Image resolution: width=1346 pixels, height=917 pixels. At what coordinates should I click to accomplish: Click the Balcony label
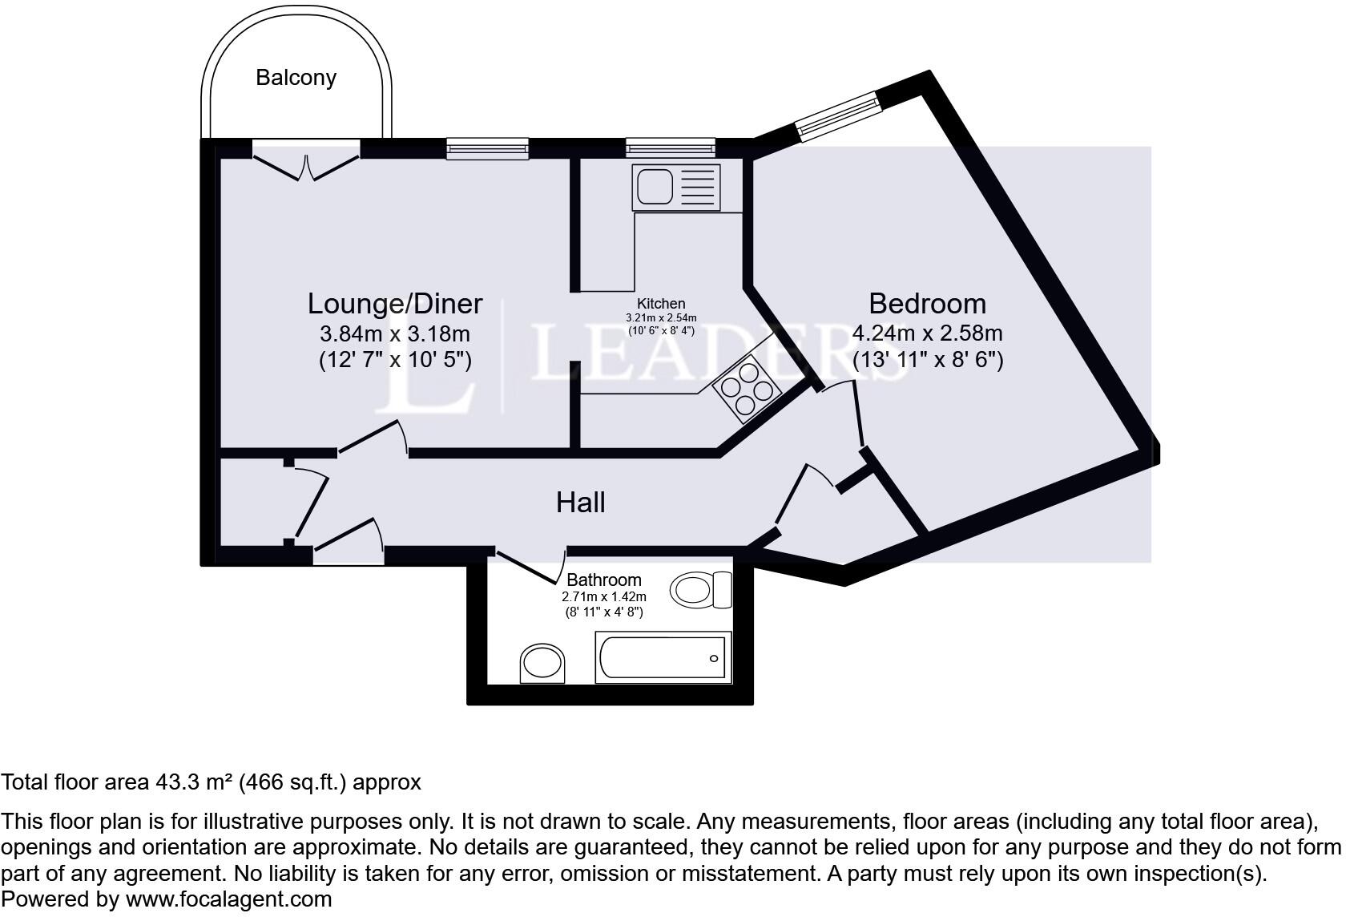pyautogui.click(x=296, y=78)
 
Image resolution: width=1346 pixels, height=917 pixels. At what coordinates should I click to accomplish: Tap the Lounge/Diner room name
pyautogui.click(x=395, y=304)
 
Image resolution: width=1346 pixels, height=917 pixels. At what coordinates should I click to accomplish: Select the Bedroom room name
pyautogui.click(x=927, y=304)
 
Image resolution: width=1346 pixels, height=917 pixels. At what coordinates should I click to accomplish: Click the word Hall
pyautogui.click(x=580, y=503)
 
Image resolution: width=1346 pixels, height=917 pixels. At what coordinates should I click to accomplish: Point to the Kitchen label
pyautogui.click(x=661, y=304)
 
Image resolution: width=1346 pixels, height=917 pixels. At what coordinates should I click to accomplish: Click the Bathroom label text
pyautogui.click(x=604, y=580)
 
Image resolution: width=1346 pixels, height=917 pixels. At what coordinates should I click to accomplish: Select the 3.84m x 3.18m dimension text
pyautogui.click(x=395, y=333)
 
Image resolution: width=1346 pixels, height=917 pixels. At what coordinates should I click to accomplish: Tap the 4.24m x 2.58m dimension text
pyautogui.click(x=927, y=333)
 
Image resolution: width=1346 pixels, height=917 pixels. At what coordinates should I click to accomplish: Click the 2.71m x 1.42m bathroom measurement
pyautogui.click(x=604, y=597)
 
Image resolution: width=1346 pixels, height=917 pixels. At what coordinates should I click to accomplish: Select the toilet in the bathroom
pyautogui.click(x=700, y=591)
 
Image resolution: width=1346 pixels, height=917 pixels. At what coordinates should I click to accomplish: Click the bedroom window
pyautogui.click(x=836, y=116)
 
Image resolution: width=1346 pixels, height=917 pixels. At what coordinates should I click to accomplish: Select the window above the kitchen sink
pyautogui.click(x=670, y=146)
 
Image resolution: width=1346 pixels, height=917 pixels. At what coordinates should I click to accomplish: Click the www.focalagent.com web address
pyautogui.click(x=228, y=899)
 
